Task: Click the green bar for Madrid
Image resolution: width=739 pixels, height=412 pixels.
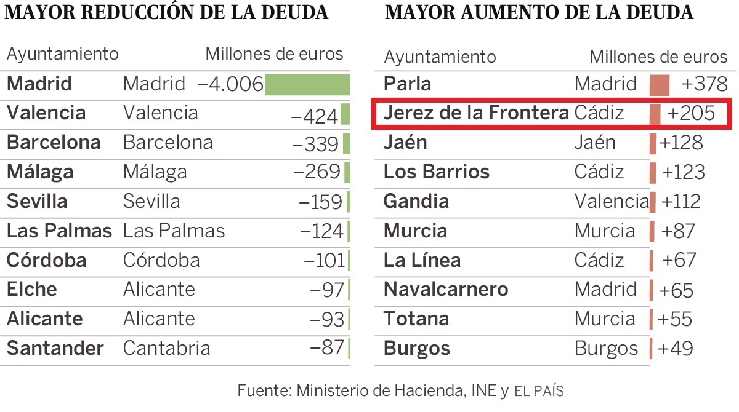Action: pyautogui.click(x=307, y=84)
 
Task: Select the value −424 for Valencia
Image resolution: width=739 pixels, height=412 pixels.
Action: pyautogui.click(x=314, y=115)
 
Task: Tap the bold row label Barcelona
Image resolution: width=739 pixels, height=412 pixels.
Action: pyautogui.click(x=54, y=143)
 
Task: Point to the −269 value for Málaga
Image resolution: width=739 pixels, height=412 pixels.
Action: pyautogui.click(x=317, y=172)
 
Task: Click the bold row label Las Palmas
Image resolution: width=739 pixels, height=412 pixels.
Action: pyautogui.click(x=59, y=231)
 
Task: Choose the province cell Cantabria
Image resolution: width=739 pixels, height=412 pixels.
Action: pyautogui.click(x=166, y=349)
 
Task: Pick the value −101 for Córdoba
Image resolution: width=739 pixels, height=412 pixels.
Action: pyautogui.click(x=325, y=261)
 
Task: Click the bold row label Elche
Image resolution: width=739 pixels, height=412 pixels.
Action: pyautogui.click(x=31, y=290)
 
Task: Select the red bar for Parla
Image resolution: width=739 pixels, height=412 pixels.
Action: pyautogui.click(x=659, y=85)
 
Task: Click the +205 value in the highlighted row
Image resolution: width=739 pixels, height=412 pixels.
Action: pyautogui.click(x=691, y=114)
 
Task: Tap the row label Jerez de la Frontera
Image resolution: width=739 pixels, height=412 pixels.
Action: pyautogui.click(x=476, y=113)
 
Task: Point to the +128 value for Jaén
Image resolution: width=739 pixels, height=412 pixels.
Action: pyautogui.click(x=681, y=143)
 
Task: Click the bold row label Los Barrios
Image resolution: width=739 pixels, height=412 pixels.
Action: pyautogui.click(x=437, y=172)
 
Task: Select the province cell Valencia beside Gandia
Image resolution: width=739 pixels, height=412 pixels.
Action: pyautogui.click(x=612, y=201)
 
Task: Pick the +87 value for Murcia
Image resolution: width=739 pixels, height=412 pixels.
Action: pyautogui.click(x=677, y=231)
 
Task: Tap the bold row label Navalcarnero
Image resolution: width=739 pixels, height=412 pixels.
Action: pyautogui.click(x=446, y=290)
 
